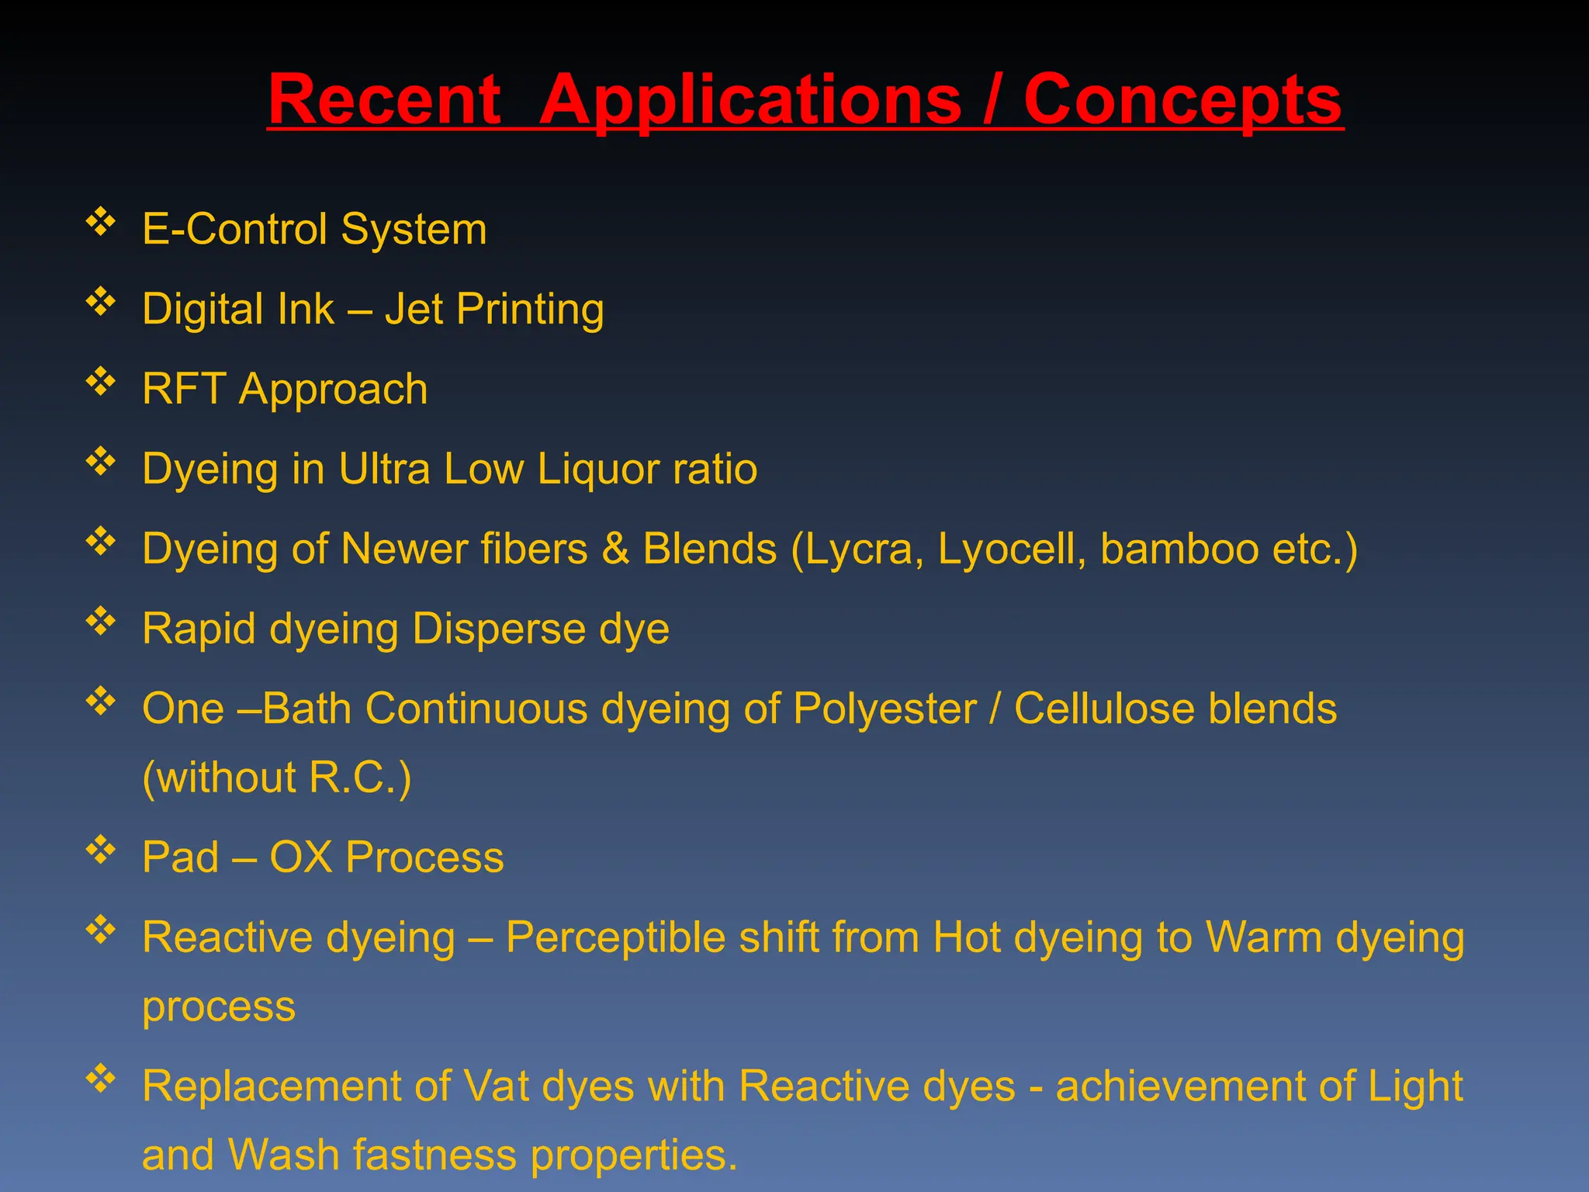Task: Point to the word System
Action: click(414, 230)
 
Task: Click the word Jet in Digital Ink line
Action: click(414, 309)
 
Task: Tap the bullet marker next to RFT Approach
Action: click(101, 382)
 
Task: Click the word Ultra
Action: click(384, 469)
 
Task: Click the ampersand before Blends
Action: click(615, 549)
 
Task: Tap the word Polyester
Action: click(885, 709)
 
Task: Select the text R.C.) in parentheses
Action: click(360, 777)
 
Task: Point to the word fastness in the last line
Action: click(435, 1155)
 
